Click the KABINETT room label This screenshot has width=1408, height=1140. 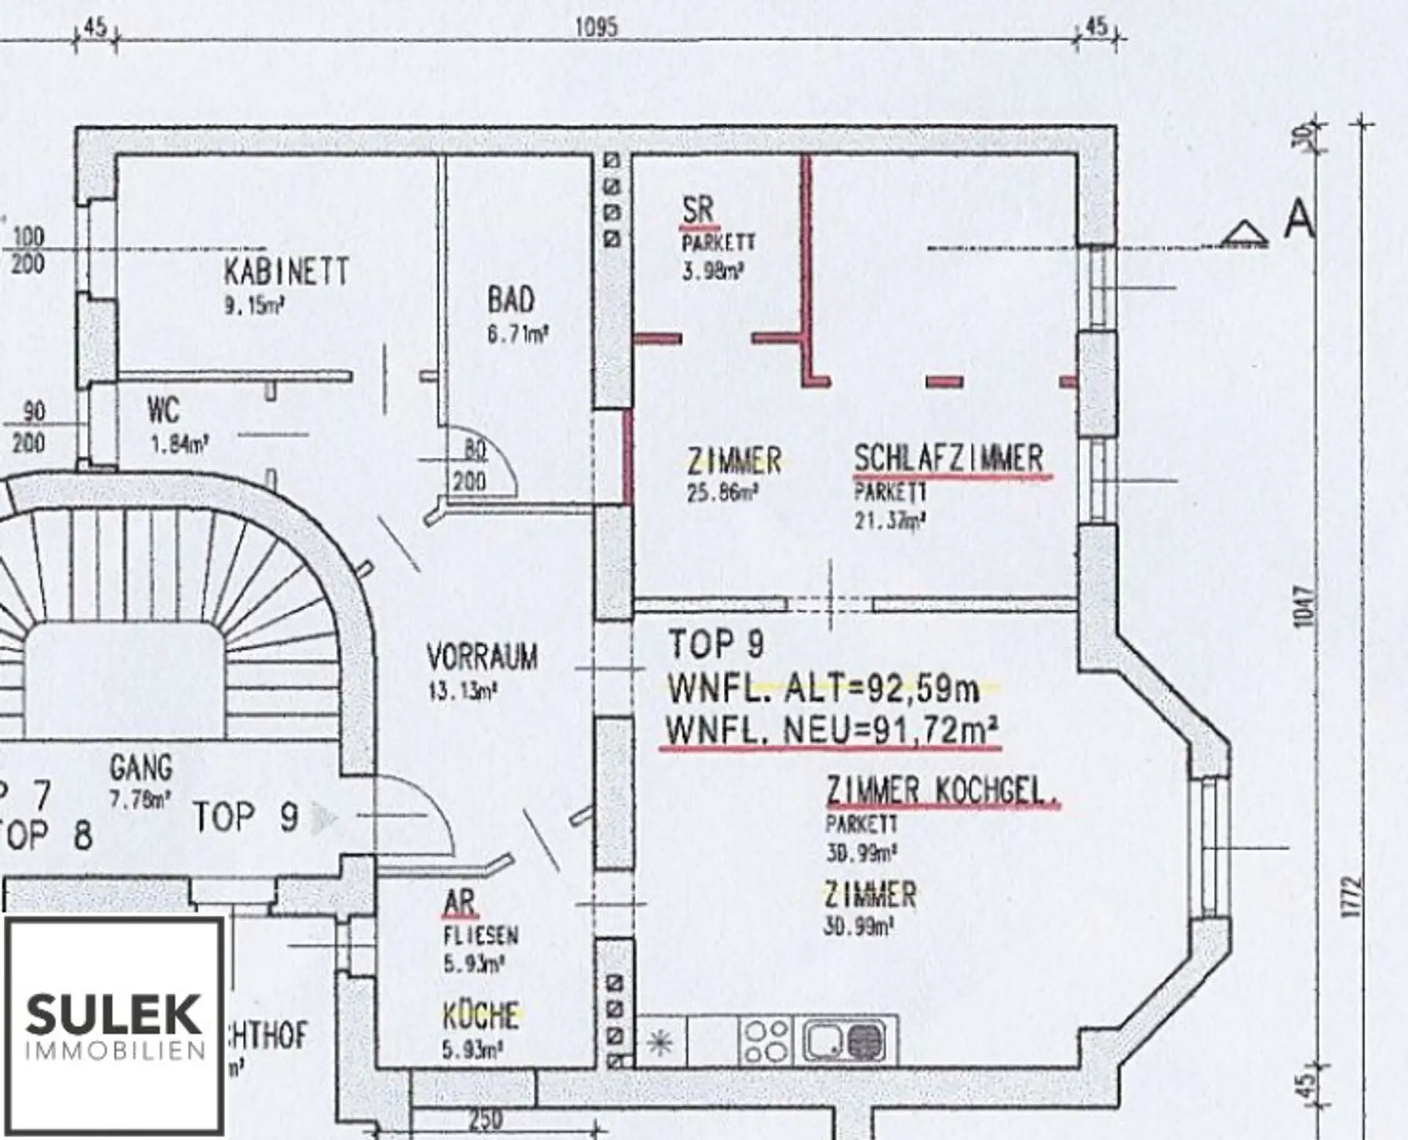[x=286, y=273]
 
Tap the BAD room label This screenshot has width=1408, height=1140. [x=511, y=301]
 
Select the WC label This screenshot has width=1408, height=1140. [x=163, y=411]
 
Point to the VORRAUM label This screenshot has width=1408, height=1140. [x=482, y=657]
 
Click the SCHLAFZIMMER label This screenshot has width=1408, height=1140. [x=948, y=459]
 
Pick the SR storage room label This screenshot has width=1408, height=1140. [x=697, y=210]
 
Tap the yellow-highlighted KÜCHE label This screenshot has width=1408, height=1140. [x=481, y=1016]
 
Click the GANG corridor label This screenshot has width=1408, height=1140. [x=141, y=768]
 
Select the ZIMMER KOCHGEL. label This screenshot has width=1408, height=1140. [x=942, y=792]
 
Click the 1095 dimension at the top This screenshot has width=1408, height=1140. [x=596, y=28]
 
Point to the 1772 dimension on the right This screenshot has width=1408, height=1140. [x=1354, y=896]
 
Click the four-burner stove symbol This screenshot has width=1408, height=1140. [x=767, y=1040]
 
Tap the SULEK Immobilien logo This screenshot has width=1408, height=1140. [x=114, y=1024]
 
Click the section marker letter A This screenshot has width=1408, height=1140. [x=1298, y=219]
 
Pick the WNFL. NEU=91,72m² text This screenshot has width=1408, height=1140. [x=831, y=731]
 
